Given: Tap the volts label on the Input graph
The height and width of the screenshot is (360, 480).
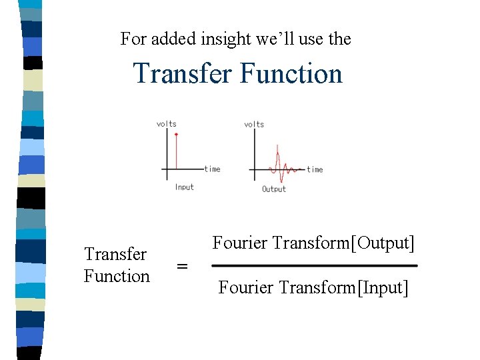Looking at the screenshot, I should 166,123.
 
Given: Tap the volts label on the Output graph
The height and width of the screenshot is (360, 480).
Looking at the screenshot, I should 254,124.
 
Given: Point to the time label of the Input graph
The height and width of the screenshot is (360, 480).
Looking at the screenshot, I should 212,169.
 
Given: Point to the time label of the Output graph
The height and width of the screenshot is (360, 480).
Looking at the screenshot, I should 315,170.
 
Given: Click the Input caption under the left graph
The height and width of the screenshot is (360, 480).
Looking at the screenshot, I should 184,187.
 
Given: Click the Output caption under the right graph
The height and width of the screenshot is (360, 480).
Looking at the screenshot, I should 273,189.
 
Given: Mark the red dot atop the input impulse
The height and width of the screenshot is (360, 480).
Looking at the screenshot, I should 176,135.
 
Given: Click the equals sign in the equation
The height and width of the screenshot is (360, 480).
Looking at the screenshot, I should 181,266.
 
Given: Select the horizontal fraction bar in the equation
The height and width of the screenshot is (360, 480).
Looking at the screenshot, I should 314,266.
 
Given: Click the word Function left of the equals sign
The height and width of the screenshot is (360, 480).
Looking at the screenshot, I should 117,276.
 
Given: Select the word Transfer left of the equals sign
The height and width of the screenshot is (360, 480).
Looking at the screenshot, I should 115,254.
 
